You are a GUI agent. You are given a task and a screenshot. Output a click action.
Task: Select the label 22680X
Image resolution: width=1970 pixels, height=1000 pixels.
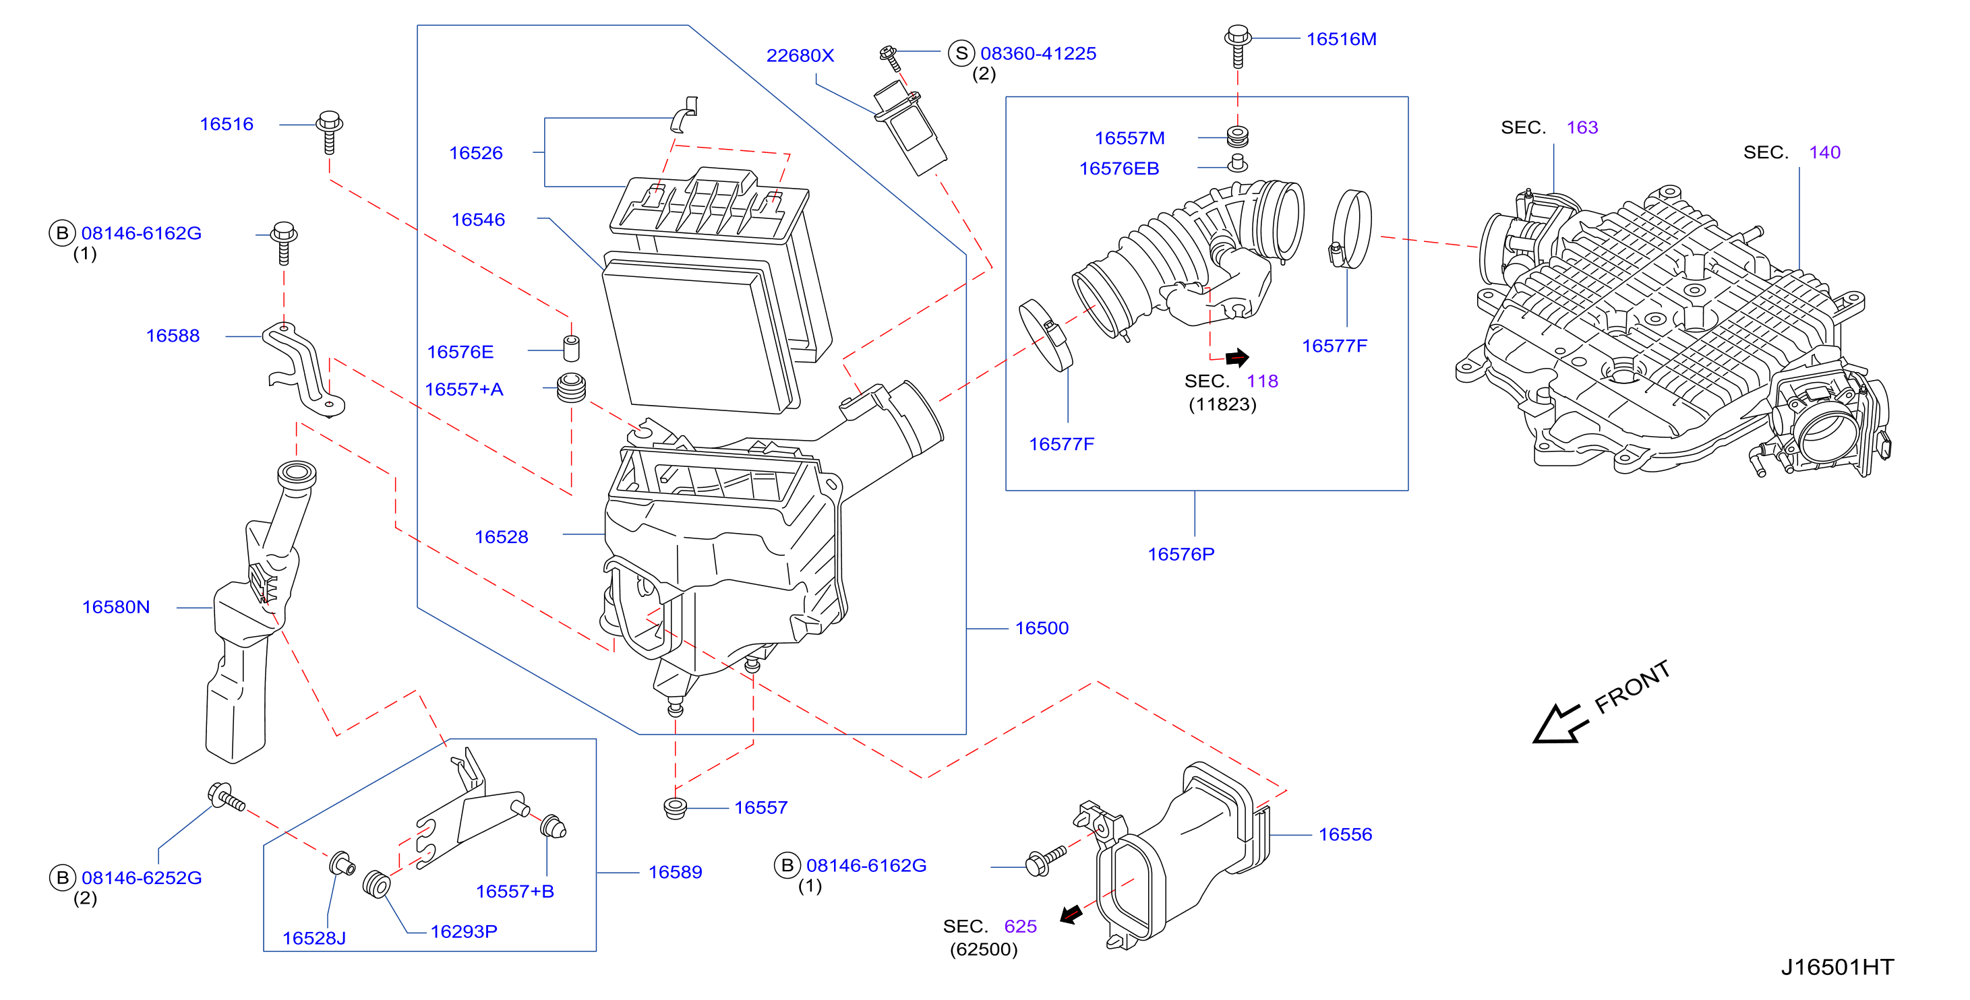(800, 56)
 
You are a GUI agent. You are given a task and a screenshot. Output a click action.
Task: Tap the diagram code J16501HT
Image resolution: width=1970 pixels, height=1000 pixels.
(1837, 967)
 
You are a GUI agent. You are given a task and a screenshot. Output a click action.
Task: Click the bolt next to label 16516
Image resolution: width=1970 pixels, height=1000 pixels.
(330, 131)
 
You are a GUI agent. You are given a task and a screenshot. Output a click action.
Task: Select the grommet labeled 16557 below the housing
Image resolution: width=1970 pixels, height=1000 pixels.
(674, 807)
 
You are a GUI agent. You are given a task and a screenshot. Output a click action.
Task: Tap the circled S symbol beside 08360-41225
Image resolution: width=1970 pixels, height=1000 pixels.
(961, 53)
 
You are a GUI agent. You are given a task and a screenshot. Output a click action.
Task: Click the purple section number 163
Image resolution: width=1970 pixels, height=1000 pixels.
(1582, 127)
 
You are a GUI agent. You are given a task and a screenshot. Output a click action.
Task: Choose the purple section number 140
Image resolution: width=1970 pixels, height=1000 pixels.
(1824, 153)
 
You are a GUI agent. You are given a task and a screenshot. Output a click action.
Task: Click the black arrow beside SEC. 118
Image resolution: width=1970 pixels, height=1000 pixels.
(1237, 357)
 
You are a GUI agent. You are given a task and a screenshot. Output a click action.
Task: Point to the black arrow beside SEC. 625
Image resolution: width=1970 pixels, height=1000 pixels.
(1071, 914)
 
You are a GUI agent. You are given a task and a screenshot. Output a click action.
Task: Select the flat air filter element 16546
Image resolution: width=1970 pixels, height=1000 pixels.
(701, 335)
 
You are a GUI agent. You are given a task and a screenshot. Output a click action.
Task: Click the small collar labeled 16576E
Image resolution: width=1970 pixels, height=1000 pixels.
(570, 347)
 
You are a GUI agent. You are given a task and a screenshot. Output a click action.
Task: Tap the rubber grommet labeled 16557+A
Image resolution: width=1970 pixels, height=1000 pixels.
(570, 387)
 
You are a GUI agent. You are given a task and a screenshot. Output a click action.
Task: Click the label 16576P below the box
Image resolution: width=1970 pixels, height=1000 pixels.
(1181, 555)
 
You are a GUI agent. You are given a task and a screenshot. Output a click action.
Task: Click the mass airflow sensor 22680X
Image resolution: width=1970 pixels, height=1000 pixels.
(910, 127)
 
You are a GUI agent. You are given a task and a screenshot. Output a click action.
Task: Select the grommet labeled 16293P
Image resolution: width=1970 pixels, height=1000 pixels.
(376, 885)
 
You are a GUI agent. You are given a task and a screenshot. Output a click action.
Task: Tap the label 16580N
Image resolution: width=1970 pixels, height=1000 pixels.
(115, 607)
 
